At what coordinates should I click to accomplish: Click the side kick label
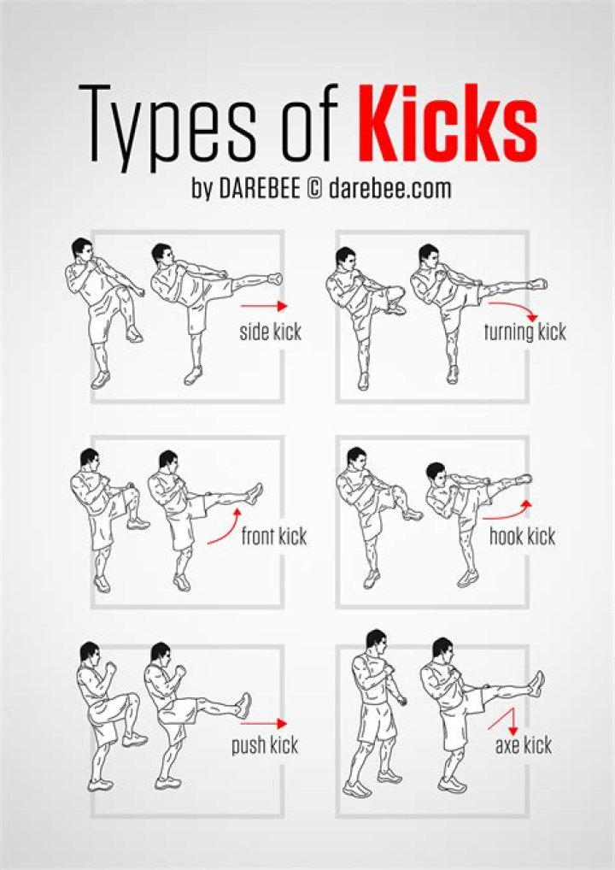pos(270,332)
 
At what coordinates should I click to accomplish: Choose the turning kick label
pos(524,332)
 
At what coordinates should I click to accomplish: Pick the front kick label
pos(273,538)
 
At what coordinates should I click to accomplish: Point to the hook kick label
pos(522,537)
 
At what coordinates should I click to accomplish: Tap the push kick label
pos(264,745)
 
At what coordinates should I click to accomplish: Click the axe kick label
pos(523,745)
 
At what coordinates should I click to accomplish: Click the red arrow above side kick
pos(264,305)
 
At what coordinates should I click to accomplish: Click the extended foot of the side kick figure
pos(274,278)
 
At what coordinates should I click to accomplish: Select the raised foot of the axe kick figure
pos(536,683)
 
